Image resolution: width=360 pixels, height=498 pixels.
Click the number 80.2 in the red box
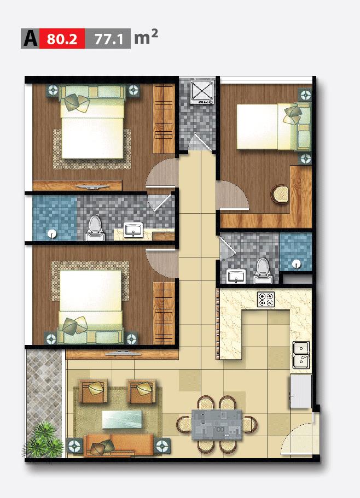[62, 39]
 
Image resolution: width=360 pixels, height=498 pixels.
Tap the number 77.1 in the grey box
[108, 39]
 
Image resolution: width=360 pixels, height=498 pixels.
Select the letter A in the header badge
[31, 39]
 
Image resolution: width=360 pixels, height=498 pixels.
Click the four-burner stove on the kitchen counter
[266, 300]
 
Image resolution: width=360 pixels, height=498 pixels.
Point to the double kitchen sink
[301, 355]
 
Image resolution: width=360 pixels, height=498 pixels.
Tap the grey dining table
[217, 425]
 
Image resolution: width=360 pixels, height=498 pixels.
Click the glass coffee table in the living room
[121, 419]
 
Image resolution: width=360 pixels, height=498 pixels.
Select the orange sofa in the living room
[119, 445]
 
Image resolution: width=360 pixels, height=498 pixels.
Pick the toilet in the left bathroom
[95, 228]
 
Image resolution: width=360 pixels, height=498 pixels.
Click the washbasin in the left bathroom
[133, 230]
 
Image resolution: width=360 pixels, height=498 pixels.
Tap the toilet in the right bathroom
[263, 271]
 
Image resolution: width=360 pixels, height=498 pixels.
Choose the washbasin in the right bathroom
[236, 276]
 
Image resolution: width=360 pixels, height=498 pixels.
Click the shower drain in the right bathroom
[297, 263]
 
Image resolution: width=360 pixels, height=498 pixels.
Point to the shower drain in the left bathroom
[51, 234]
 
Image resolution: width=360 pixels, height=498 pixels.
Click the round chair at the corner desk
[280, 194]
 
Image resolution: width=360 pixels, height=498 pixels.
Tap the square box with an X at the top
[202, 91]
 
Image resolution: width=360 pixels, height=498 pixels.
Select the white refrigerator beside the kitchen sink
[300, 391]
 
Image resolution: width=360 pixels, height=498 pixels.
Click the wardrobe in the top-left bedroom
[164, 119]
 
